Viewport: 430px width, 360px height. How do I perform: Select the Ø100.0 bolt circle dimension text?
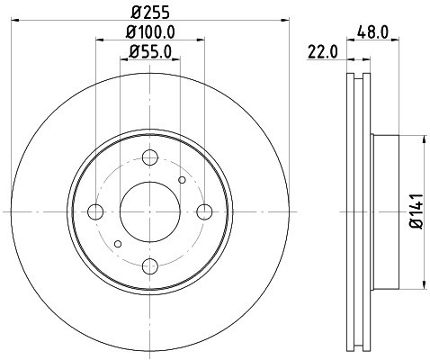click(x=150, y=31)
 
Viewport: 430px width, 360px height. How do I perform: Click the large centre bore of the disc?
click(x=150, y=211)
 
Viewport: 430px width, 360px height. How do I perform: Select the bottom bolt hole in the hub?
click(x=150, y=265)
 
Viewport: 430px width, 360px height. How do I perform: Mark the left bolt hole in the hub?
click(x=95, y=211)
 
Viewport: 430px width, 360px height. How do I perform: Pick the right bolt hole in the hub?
click(x=205, y=211)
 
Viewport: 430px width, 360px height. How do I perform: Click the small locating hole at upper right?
click(x=183, y=180)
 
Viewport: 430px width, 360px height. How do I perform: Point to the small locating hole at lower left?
click(x=118, y=243)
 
